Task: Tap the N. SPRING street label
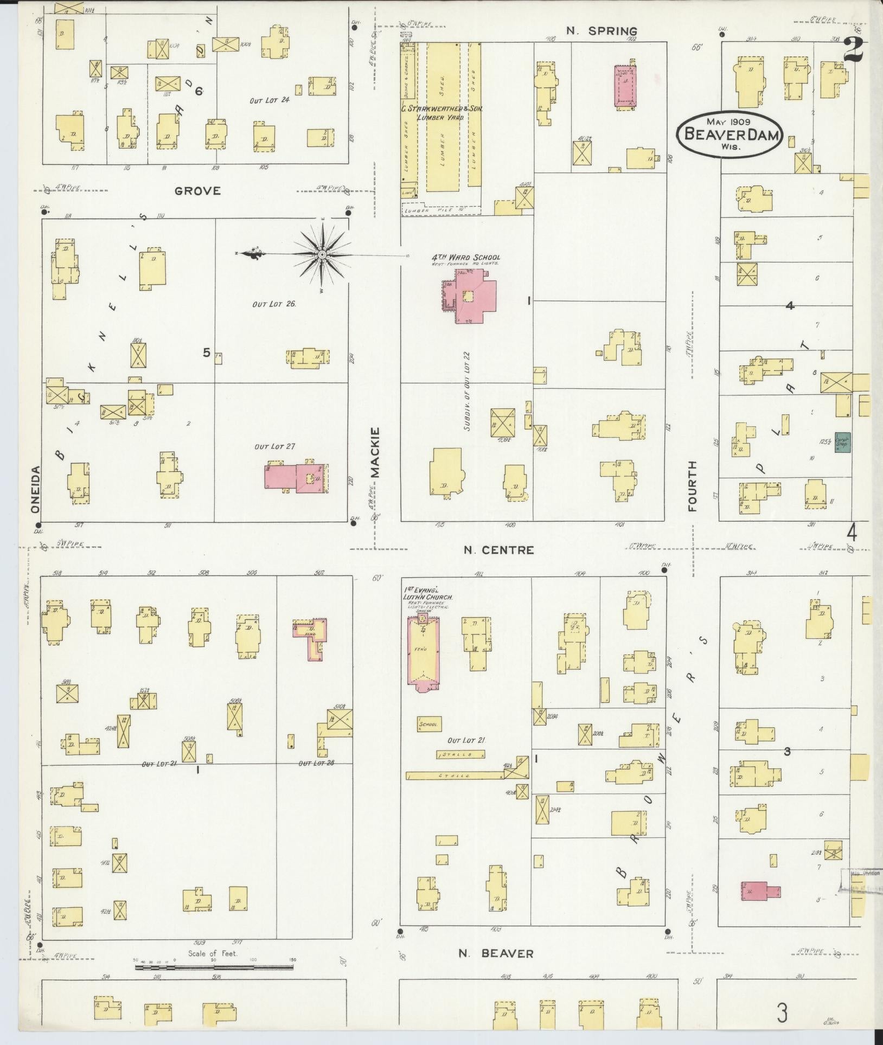[x=601, y=31]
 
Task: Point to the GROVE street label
[x=197, y=190]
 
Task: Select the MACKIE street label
[x=375, y=452]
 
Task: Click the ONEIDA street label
[x=35, y=489]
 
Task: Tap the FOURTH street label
[x=692, y=486]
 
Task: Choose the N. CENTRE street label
[x=498, y=550]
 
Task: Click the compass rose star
[x=322, y=254]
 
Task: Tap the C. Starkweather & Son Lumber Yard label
[x=441, y=112]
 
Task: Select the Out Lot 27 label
[x=274, y=447]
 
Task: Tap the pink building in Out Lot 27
[x=296, y=477]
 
